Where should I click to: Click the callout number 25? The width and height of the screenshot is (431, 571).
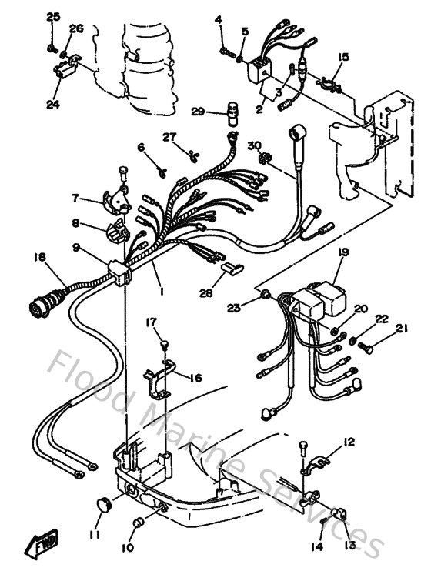click(x=52, y=17)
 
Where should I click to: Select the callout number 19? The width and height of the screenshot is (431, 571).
click(x=342, y=252)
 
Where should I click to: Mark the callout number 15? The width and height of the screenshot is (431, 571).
click(x=342, y=57)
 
